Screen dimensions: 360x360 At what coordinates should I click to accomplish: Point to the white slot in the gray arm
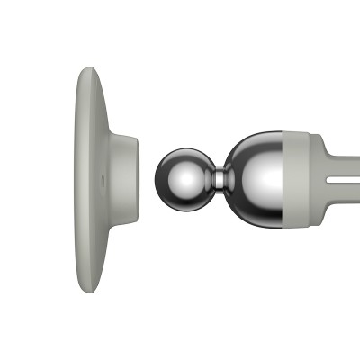[x=342, y=180]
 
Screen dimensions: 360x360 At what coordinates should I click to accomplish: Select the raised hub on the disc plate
[x=127, y=180]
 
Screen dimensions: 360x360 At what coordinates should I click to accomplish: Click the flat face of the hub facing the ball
[x=138, y=180]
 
